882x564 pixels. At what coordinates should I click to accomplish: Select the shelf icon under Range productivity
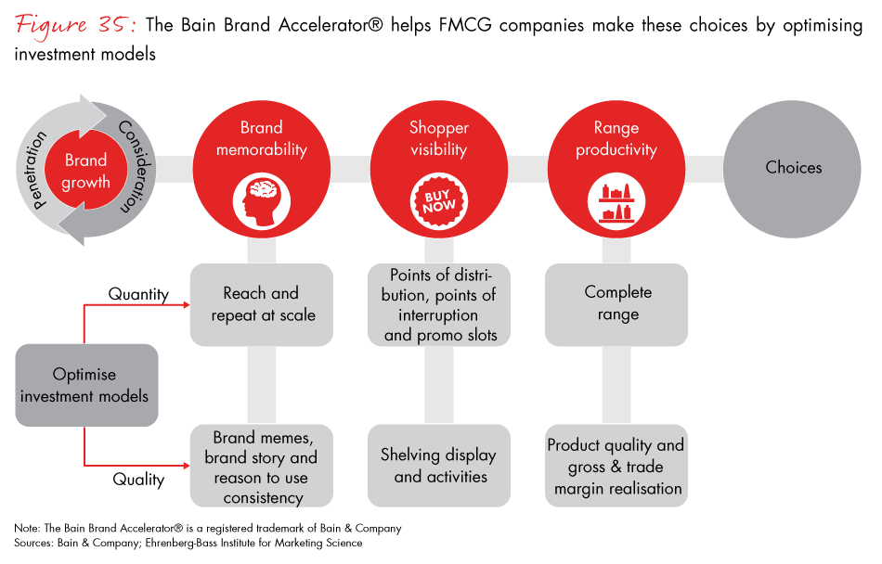tap(616, 200)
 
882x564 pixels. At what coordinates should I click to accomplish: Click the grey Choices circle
tap(793, 168)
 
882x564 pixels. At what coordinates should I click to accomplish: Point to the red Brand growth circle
tap(85, 172)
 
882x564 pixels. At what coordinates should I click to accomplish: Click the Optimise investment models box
tap(86, 386)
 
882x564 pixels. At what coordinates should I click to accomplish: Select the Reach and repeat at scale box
tap(261, 303)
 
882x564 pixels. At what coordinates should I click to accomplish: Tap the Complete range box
tap(617, 303)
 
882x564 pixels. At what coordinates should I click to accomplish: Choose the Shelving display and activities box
tap(439, 466)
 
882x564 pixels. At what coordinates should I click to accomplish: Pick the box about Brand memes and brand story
tap(261, 466)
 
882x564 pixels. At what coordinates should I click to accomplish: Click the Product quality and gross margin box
tap(616, 466)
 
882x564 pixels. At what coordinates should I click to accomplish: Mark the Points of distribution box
tap(439, 304)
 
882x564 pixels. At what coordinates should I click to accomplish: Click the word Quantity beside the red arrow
tap(138, 294)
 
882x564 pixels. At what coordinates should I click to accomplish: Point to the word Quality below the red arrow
tap(138, 480)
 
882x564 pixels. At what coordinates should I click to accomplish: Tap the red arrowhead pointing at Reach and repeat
tap(185, 303)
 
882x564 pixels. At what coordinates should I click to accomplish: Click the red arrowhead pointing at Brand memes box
tap(185, 466)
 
